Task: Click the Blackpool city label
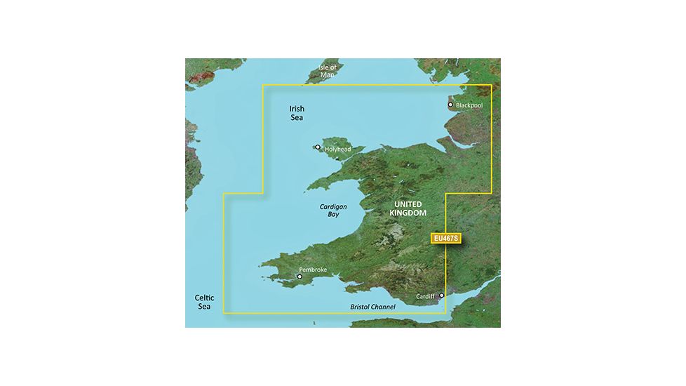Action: tap(469, 105)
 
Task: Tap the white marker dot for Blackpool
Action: tap(450, 105)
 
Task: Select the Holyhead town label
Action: tap(337, 149)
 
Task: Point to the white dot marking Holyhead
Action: tap(318, 147)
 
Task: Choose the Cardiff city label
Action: tap(426, 296)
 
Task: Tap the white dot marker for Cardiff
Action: tap(441, 296)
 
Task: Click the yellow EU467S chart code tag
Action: tap(445, 239)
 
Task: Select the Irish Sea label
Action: tap(300, 114)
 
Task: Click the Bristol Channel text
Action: tap(372, 307)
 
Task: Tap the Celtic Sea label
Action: tap(203, 302)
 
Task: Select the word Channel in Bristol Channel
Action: tap(383, 307)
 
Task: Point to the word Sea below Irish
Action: tap(300, 119)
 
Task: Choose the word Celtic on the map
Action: tap(203, 298)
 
